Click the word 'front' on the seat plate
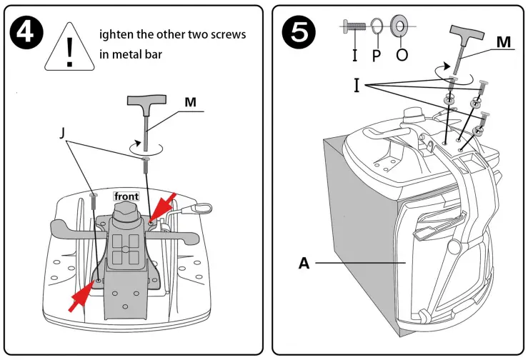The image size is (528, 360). [126, 196]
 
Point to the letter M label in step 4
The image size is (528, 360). [190, 102]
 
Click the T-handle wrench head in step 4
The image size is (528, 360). [146, 106]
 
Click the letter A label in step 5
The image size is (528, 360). [305, 263]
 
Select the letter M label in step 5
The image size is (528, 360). [504, 43]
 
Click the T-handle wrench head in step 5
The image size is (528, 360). [469, 33]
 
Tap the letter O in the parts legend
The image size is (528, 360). [402, 54]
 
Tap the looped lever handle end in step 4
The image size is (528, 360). [202, 208]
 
